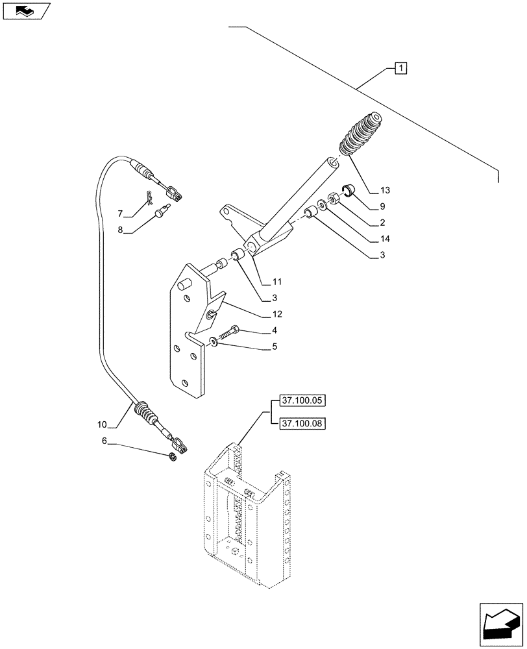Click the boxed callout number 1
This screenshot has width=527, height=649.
coord(400,68)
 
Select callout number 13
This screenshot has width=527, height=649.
coord(386,190)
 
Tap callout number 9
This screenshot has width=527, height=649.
coord(383,207)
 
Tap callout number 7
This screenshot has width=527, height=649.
coord(121,213)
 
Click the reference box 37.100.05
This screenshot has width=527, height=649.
coord(301,400)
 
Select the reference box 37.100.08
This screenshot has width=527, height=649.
coord(301,423)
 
